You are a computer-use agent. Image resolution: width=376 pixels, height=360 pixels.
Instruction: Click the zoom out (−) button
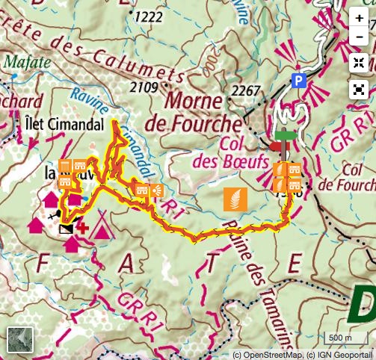coord(360,35)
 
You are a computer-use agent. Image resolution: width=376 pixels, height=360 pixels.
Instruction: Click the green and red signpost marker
coord(284,140)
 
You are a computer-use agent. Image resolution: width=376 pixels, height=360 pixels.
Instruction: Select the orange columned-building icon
coord(65,166)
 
